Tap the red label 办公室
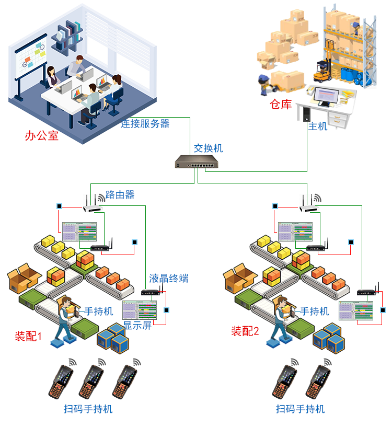point(41,136)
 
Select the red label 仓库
point(280,105)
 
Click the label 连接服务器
point(145,124)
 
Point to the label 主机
point(317,126)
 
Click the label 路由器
point(120,195)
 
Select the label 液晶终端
point(168,278)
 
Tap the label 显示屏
point(137,326)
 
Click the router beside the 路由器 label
point(93,205)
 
